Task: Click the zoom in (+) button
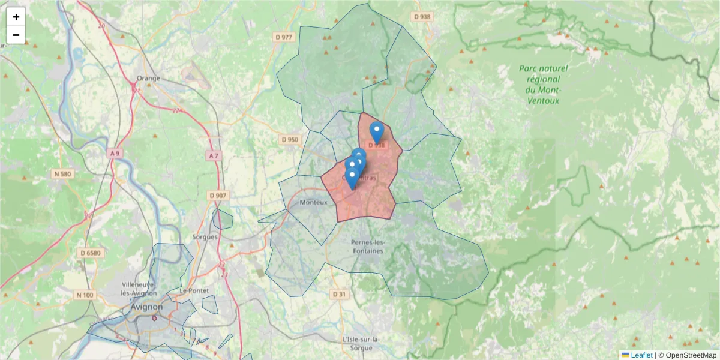click(16, 17)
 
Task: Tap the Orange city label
click(148, 78)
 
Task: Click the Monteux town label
click(314, 202)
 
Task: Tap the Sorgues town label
click(205, 237)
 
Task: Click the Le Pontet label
click(194, 291)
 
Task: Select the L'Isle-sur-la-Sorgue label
click(361, 343)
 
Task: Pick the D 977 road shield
click(283, 37)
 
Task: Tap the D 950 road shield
click(289, 140)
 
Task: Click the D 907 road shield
click(218, 196)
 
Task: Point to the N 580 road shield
click(62, 174)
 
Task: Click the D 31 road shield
click(339, 294)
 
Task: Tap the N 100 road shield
click(85, 295)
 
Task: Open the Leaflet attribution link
click(641, 355)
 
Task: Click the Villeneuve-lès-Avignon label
click(139, 288)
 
